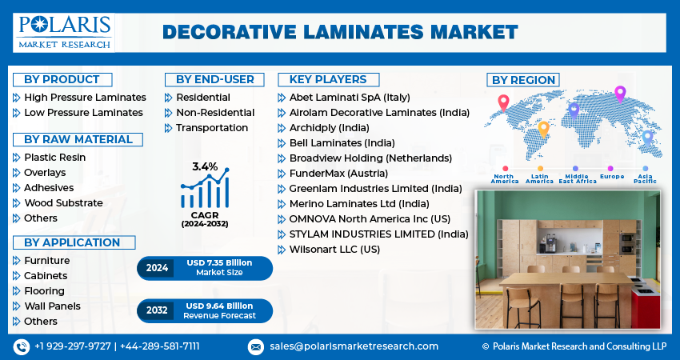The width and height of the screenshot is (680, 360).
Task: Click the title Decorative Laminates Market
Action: coord(340,32)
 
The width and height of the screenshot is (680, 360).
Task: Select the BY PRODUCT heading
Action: coord(62,79)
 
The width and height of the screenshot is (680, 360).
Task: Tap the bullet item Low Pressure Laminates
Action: coord(83,113)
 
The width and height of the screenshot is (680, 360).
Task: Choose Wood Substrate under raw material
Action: coord(63,203)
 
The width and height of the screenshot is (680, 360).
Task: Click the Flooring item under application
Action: coord(44,291)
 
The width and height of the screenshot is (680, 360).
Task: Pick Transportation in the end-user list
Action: coord(212,128)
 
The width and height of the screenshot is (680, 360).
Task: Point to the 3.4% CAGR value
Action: coord(205,166)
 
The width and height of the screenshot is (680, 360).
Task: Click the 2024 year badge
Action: coord(157,268)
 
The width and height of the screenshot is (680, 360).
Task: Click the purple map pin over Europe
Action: coord(619,93)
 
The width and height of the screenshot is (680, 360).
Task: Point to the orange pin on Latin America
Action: coord(543,128)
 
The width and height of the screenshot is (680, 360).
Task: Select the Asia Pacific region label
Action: coord(645,178)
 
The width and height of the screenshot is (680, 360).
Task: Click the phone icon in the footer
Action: coord(21,346)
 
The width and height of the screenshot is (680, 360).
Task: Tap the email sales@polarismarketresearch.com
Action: coord(354,346)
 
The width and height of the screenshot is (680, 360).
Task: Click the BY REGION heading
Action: coord(523,80)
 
